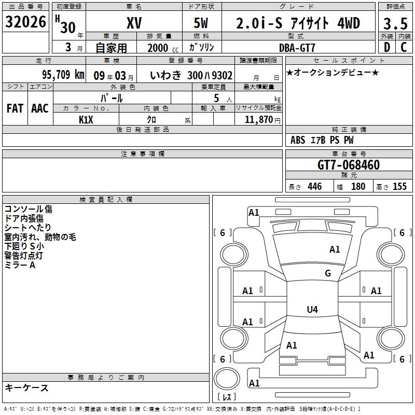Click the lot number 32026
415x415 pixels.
pos(25,22)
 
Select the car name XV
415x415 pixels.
pos(134,23)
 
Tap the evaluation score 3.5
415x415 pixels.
pos(395,23)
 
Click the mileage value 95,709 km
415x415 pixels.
pos(63,75)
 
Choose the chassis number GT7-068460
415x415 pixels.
pos(349,165)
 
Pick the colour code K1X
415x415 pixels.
pos(86,119)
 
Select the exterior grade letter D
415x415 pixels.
pos(386,48)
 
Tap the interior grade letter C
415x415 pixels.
pos(404,48)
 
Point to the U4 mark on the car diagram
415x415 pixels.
pos(312,310)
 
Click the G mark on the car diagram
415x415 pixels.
pos(327,273)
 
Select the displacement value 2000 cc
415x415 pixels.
pos(161,48)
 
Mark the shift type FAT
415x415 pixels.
pos(15,108)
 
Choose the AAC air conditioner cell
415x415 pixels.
pos(39,108)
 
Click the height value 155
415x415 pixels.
pos(399,187)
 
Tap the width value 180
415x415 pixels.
pos(358,187)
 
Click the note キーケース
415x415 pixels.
pos(26,388)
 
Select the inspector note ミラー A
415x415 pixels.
pos(20,265)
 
